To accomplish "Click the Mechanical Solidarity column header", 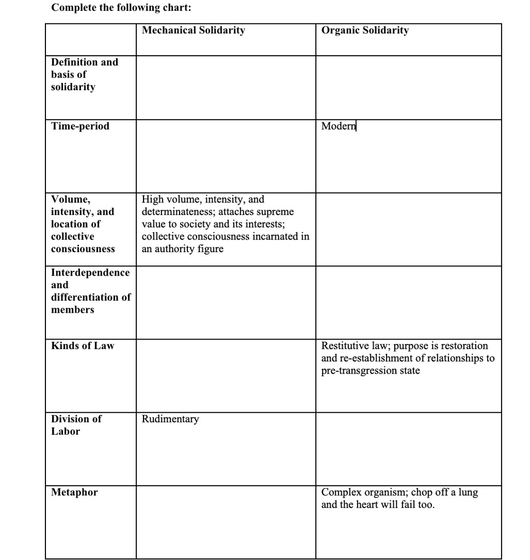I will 193,31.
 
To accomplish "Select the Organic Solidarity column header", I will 365,31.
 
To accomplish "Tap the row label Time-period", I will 80,126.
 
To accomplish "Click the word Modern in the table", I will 338,126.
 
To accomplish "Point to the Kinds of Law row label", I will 83,346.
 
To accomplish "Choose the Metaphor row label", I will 74,492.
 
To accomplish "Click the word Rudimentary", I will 170,419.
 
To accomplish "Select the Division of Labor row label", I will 76,425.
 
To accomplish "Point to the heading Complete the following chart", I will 122,8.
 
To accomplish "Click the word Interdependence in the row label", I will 90,272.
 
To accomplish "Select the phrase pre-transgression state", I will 371,371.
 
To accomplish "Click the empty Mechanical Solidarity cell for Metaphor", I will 226,522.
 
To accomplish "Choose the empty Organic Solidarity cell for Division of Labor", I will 408,449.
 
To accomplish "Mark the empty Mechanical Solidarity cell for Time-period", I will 226,156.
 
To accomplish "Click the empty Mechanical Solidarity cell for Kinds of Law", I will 226,376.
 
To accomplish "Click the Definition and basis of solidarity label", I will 84,74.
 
